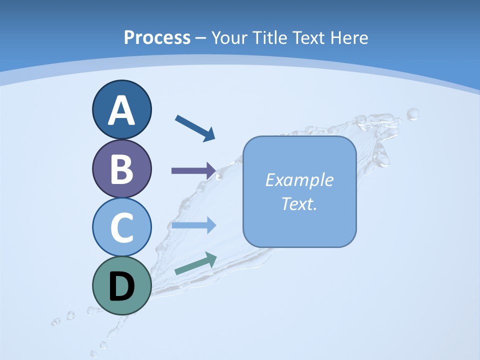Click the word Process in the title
157,37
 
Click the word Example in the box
299,180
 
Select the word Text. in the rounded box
299,203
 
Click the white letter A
121,110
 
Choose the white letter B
121,169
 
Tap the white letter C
121,228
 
